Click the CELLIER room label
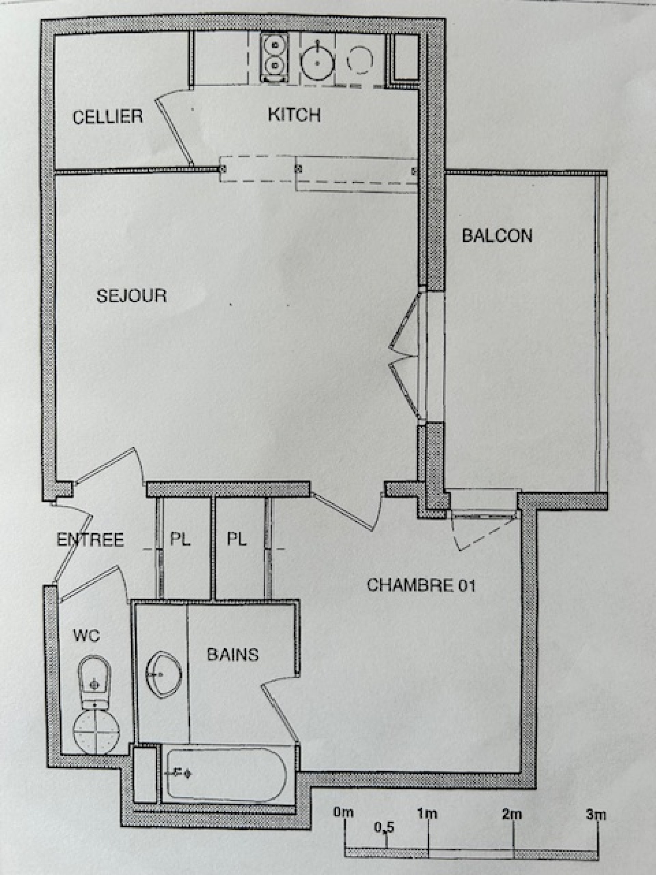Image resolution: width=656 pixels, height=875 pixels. pyautogui.click(x=108, y=117)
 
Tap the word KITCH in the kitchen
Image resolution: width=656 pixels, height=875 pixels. pyautogui.click(x=294, y=114)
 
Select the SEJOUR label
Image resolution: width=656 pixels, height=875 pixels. pyautogui.click(x=132, y=296)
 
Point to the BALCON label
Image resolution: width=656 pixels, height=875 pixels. pyautogui.click(x=497, y=236)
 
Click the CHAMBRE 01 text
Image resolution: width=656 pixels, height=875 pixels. pyautogui.click(x=421, y=585)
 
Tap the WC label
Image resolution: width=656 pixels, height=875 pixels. pyautogui.click(x=87, y=636)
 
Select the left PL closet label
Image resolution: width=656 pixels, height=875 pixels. pyautogui.click(x=180, y=539)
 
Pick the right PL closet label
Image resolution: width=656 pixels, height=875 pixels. pyautogui.click(x=237, y=539)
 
